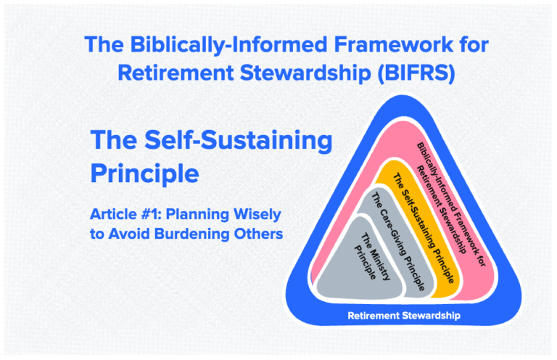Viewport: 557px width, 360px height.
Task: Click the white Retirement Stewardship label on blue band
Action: [403, 316]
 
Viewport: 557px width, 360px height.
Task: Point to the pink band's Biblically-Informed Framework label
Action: [449, 196]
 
